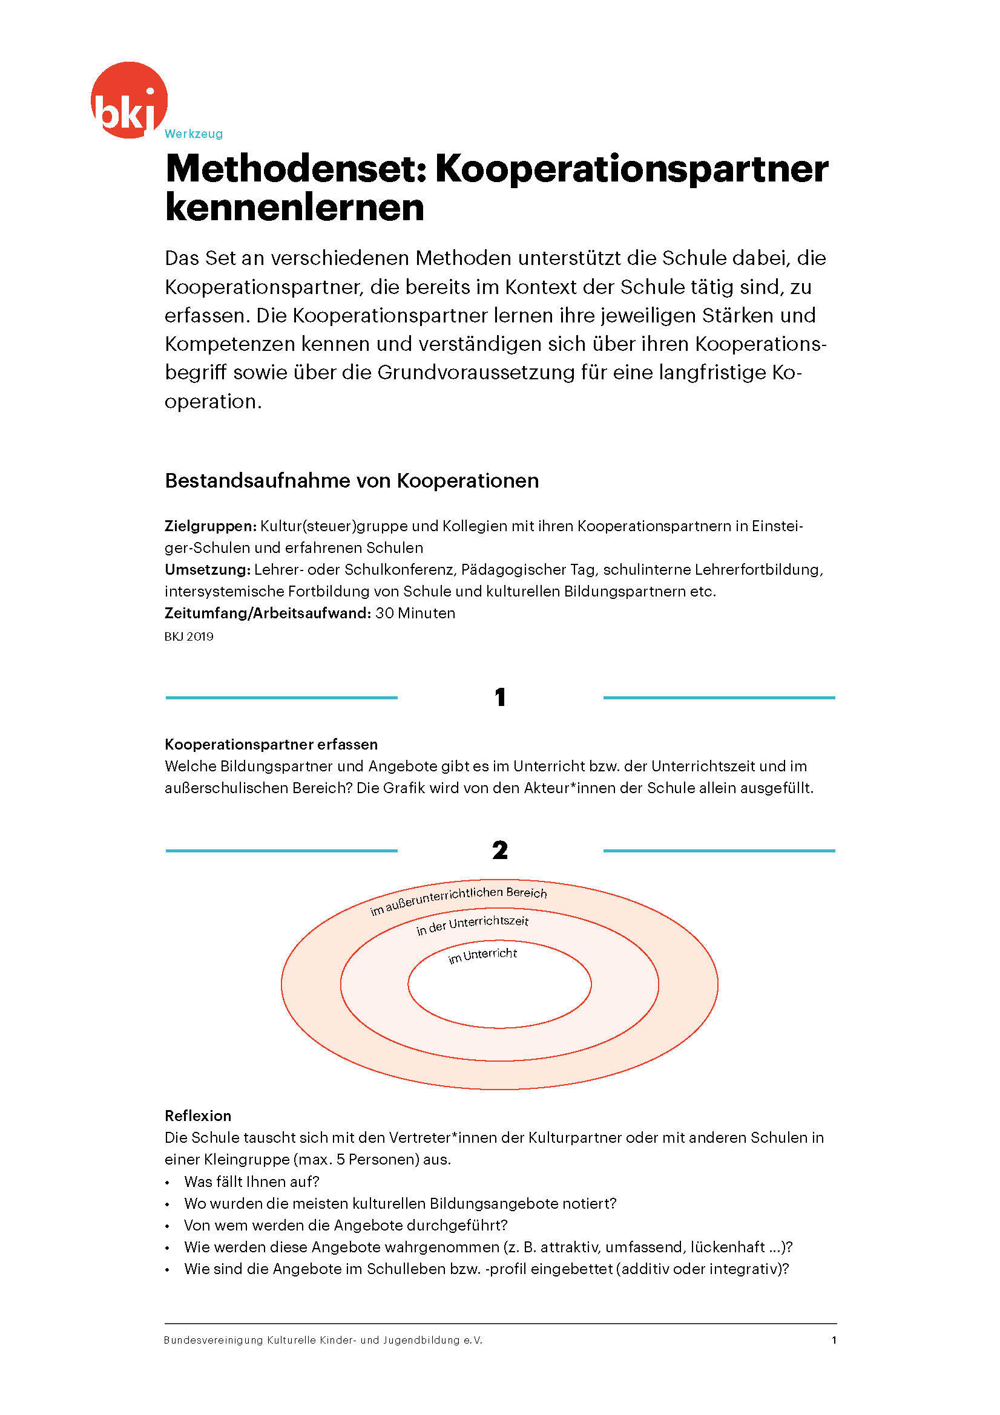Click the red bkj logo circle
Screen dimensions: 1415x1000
pos(129,99)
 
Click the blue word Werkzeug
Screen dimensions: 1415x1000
pos(194,134)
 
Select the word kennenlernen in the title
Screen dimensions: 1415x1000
pos(295,208)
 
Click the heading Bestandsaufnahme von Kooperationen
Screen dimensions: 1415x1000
pos(352,481)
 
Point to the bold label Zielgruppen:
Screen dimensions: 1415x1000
pos(210,526)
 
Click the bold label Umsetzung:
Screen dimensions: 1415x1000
pos(207,569)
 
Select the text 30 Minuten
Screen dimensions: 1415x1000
pos(415,613)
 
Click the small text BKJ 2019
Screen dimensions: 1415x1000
pos(189,636)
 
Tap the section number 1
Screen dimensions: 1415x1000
pos(500,698)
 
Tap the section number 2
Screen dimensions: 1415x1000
pos(500,851)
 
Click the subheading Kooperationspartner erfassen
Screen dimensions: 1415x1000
pos(271,745)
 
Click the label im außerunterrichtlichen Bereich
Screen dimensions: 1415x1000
pos(458,900)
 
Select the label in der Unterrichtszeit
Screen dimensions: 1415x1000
pos(472,926)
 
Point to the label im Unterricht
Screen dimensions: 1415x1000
pos(482,955)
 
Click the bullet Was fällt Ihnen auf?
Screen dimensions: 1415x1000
pos(252,1181)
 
